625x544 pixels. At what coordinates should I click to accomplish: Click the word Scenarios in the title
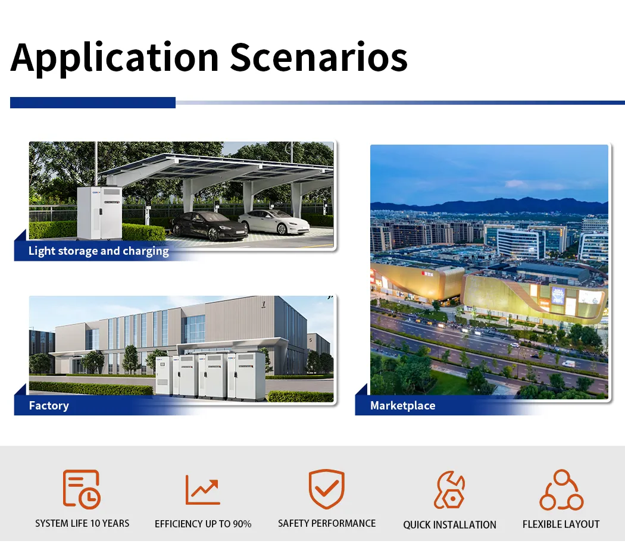tap(318, 58)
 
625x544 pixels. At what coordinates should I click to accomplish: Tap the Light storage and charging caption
tap(98, 251)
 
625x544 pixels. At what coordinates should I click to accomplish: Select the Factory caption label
tap(49, 406)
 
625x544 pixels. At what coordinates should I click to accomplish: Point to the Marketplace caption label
tap(402, 406)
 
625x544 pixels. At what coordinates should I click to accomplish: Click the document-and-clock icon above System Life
tap(82, 489)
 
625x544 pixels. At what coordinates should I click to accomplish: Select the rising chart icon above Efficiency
tap(202, 490)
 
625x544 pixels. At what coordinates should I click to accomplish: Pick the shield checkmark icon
tap(326, 489)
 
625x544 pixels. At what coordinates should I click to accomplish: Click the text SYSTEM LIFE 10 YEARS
tap(82, 524)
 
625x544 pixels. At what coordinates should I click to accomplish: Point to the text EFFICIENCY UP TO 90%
tap(203, 524)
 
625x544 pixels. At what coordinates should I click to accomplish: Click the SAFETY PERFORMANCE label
tap(327, 524)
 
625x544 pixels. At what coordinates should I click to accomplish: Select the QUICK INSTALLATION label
tap(449, 525)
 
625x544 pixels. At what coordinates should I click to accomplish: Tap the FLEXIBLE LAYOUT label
tap(561, 524)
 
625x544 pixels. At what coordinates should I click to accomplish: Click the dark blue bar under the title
tap(93, 103)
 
